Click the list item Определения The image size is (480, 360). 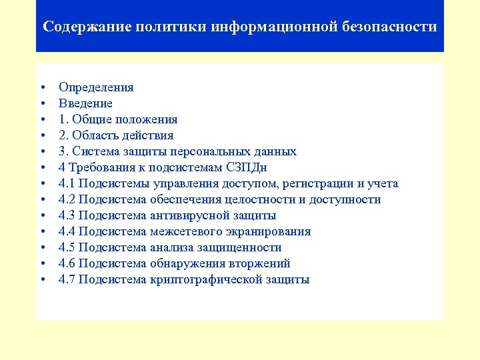pyautogui.click(x=96, y=87)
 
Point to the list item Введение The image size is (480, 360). pyautogui.click(x=85, y=103)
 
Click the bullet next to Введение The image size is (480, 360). pyautogui.click(x=42, y=104)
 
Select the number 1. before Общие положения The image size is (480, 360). pyautogui.click(x=63, y=119)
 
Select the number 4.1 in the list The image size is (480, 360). pyautogui.click(x=67, y=183)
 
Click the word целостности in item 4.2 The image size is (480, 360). pyautogui.click(x=245, y=199)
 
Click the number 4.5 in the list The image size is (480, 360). pyautogui.click(x=67, y=247)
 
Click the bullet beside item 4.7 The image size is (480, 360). pyautogui.click(x=42, y=280)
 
